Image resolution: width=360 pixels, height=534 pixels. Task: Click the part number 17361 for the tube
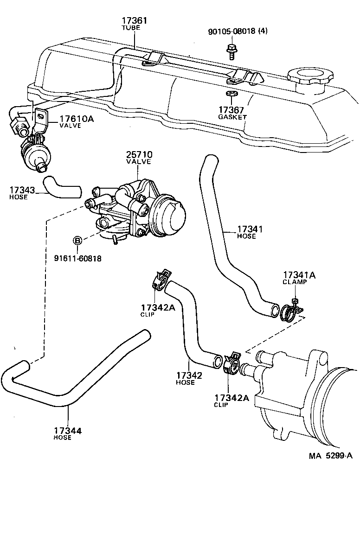click(x=135, y=21)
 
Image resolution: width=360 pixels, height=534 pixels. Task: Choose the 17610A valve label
click(x=76, y=119)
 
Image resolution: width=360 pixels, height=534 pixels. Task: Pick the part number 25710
click(x=139, y=154)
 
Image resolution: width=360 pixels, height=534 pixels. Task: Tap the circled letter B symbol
click(x=77, y=240)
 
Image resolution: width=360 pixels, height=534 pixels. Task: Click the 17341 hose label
click(x=251, y=229)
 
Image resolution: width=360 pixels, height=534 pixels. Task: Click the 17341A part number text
click(x=299, y=275)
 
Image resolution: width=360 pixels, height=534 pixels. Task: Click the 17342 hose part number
click(x=189, y=375)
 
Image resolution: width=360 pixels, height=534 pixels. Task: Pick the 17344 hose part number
click(x=68, y=431)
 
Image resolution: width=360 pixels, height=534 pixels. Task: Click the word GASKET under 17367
click(x=232, y=117)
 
